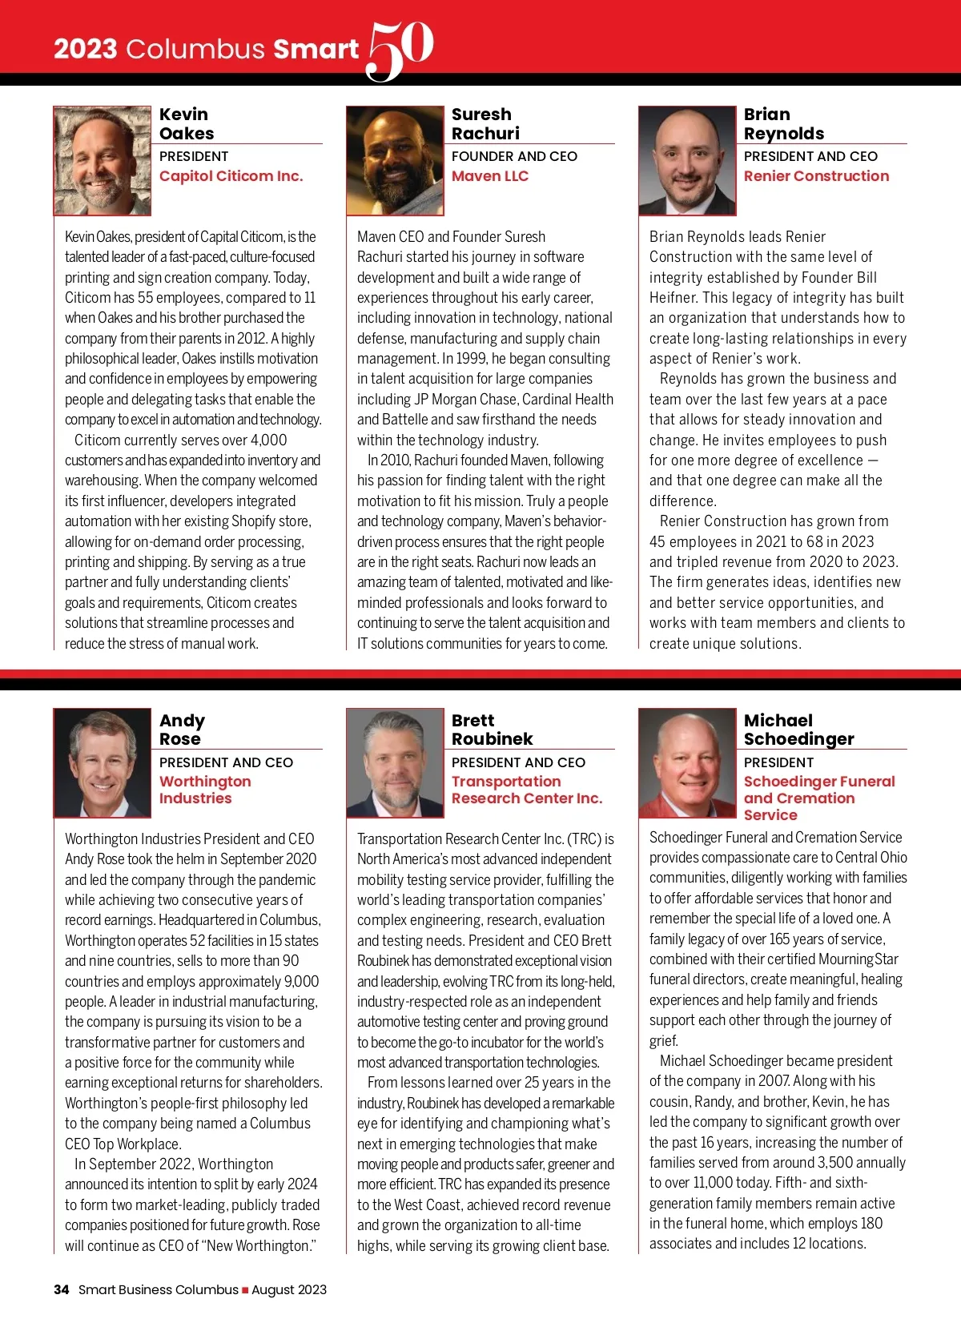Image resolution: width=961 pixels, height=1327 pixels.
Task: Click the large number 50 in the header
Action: (x=400, y=50)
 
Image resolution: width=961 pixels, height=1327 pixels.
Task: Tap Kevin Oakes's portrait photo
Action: (x=103, y=161)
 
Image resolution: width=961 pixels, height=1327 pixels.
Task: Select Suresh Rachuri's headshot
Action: (x=395, y=161)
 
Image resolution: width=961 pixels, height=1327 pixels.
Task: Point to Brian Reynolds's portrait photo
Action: (x=687, y=161)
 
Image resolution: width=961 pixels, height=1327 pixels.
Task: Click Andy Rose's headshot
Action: (x=103, y=762)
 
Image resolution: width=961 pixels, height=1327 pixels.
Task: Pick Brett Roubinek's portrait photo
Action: (x=395, y=762)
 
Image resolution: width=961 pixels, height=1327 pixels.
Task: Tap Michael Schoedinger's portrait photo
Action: (x=687, y=762)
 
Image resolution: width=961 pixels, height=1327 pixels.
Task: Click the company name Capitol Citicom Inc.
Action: (x=231, y=176)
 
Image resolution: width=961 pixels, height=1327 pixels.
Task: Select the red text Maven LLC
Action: (x=489, y=176)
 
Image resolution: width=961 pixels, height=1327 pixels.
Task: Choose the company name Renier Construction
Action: (x=816, y=176)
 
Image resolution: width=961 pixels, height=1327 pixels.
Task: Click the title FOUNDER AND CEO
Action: (x=514, y=156)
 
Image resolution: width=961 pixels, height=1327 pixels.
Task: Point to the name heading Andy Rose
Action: (x=182, y=730)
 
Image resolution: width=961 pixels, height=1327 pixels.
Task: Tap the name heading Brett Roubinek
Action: (x=492, y=730)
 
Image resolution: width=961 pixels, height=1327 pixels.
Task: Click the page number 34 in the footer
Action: (x=61, y=1289)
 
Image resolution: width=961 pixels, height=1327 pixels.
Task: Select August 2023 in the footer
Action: (x=289, y=1289)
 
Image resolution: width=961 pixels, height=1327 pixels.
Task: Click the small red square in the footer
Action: (x=245, y=1290)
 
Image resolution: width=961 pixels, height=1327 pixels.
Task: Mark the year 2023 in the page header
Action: (x=85, y=50)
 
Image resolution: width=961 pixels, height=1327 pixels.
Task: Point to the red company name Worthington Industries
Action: (x=205, y=790)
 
